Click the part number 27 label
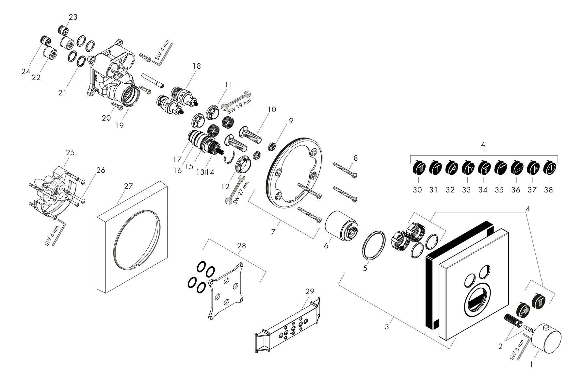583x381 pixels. [129, 186]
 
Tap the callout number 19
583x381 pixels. [120, 125]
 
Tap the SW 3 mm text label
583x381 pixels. [518, 350]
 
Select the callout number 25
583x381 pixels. [70, 153]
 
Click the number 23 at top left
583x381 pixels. [73, 17]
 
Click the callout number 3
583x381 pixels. [387, 326]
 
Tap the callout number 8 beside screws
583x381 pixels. [355, 158]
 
